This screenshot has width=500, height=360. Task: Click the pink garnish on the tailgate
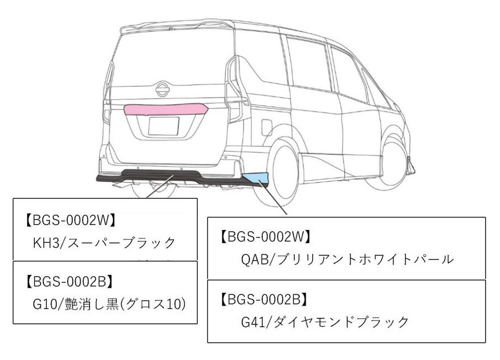[x=166, y=109]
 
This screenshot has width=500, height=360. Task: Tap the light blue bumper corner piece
[x=257, y=178]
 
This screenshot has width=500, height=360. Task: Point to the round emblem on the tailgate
[x=162, y=89]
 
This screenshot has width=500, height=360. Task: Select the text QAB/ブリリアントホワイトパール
[x=335, y=259]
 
